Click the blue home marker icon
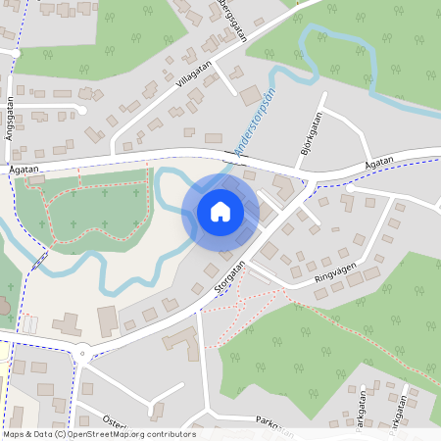(220, 211)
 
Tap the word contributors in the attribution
(174, 434)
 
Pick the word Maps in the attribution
(14, 434)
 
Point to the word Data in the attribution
(42, 434)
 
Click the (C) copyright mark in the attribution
(61, 434)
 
